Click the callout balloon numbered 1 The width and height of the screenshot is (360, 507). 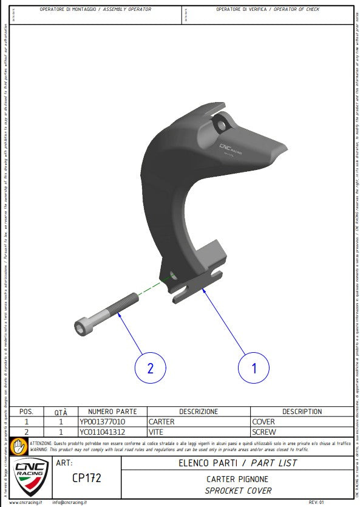click(254, 367)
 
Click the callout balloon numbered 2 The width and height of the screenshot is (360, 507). click(150, 367)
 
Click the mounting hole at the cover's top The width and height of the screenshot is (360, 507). click(220, 125)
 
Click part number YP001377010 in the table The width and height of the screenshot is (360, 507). click(103, 421)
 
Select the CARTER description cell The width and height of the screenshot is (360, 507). click(161, 421)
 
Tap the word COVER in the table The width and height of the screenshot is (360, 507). click(263, 421)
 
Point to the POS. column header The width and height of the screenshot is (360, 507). click(27, 412)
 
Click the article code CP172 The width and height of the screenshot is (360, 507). click(86, 478)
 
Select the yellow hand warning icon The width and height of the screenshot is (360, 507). click(19, 446)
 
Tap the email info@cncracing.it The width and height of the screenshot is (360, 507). click(69, 503)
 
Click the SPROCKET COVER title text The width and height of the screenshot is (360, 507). click(238, 490)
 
